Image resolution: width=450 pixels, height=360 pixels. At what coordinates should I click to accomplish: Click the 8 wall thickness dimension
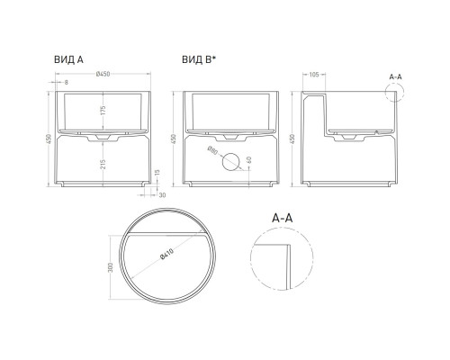click(67, 82)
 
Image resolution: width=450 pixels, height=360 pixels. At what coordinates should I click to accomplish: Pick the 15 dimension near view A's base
click(157, 173)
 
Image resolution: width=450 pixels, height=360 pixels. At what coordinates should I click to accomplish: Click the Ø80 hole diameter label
click(211, 152)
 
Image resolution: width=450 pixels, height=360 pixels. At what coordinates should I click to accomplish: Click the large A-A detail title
click(283, 218)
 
